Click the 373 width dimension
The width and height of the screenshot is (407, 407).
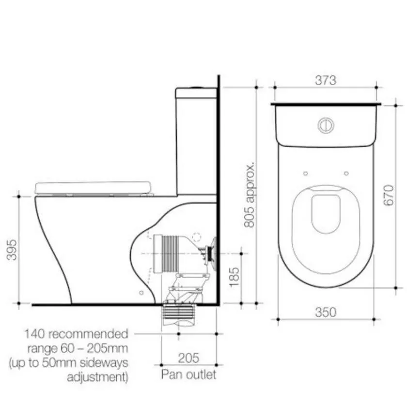tap(325, 80)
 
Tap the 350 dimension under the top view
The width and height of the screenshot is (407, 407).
tap(325, 313)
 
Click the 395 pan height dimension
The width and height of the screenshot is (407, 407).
tap(11, 249)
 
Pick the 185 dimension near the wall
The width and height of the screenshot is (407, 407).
tap(234, 278)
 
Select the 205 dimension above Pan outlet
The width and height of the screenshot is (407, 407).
tap(188, 358)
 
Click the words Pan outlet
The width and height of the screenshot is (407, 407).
tap(188, 374)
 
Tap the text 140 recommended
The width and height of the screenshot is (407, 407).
tap(77, 334)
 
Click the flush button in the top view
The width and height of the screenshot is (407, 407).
tap(326, 125)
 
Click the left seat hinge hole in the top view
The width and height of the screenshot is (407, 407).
tap(305, 173)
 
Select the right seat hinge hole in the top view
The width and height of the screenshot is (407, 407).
tap(346, 173)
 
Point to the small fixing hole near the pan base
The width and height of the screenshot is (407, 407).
tap(141, 293)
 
